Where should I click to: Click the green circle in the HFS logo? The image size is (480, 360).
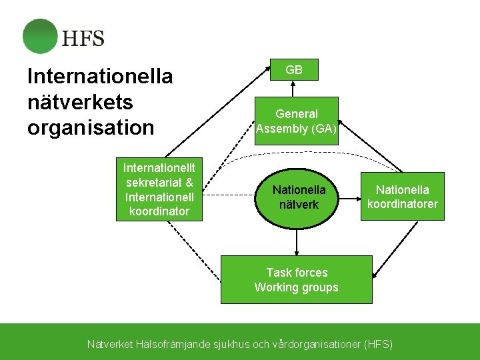click(40, 36)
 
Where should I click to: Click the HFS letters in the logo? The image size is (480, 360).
click(83, 38)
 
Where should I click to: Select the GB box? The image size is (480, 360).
click(294, 69)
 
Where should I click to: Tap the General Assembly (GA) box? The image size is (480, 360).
click(297, 121)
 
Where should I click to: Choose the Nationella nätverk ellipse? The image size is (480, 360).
click(298, 197)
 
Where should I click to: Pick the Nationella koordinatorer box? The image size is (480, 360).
click(402, 197)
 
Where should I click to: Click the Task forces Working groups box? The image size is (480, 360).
click(297, 280)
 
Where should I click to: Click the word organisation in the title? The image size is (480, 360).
click(91, 127)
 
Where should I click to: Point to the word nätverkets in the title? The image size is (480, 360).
click(80, 102)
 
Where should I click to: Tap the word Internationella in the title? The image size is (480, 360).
click(100, 77)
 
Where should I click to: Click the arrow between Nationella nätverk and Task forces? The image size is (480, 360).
click(297, 241)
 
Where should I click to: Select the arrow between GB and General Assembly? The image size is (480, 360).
click(294, 89)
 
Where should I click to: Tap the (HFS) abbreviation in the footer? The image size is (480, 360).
click(379, 345)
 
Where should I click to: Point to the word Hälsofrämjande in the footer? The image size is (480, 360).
click(173, 345)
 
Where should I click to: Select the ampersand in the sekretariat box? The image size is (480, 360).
click(189, 183)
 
